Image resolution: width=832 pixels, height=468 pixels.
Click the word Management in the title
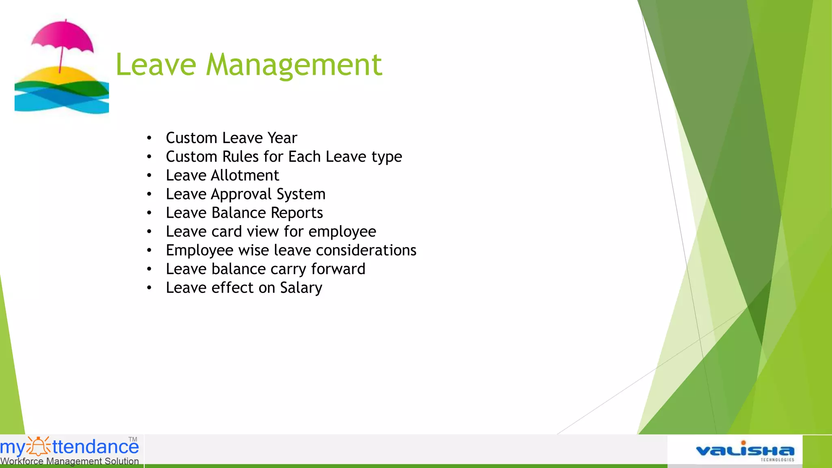click(x=294, y=65)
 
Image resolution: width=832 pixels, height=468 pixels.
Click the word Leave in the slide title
click(x=156, y=65)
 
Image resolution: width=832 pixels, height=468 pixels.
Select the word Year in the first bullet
click(x=282, y=138)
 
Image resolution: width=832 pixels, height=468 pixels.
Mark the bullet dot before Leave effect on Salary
click(x=149, y=288)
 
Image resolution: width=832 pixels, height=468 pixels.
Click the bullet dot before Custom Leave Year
click(x=149, y=138)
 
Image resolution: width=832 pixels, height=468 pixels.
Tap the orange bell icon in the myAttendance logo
click(x=39, y=446)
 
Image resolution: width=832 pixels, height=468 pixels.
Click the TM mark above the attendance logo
click(x=133, y=439)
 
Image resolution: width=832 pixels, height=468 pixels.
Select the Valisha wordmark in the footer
click(x=745, y=451)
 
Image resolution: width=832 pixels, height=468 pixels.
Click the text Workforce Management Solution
click(x=69, y=461)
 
